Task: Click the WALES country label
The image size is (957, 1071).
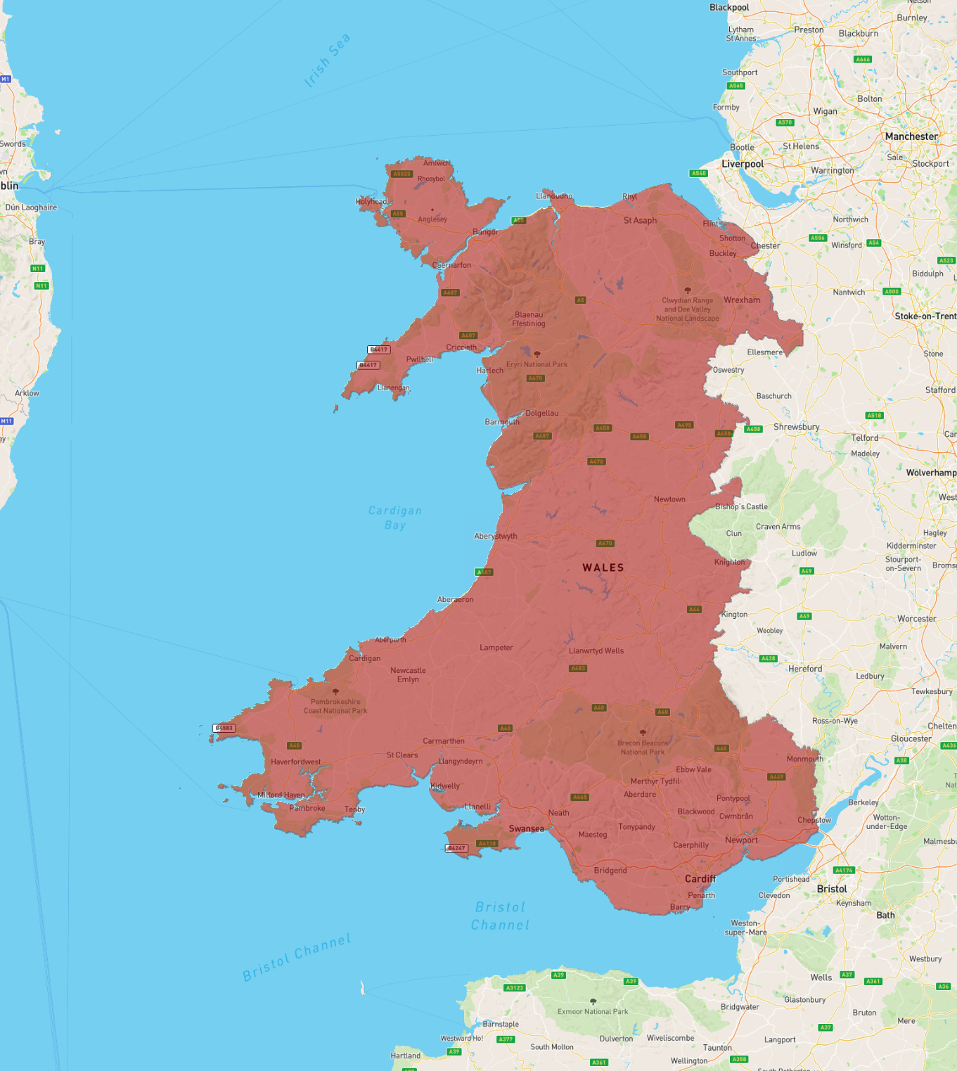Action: tap(603, 567)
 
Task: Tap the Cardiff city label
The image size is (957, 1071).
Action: tap(700, 879)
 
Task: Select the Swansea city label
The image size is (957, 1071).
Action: tap(526, 829)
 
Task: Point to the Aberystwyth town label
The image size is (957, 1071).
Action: tap(495, 536)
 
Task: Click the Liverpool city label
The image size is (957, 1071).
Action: tap(743, 164)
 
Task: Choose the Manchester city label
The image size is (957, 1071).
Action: tap(911, 136)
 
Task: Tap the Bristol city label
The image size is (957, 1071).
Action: tap(832, 889)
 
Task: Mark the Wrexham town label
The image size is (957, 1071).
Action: tap(742, 300)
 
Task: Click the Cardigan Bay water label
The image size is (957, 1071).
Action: tap(395, 518)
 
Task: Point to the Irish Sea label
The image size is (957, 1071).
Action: tap(327, 60)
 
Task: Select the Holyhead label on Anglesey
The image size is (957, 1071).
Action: tap(371, 202)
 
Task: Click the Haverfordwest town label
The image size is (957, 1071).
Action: tap(295, 762)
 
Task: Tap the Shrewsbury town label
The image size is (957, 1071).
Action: tap(796, 427)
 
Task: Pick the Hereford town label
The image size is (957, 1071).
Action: tap(805, 669)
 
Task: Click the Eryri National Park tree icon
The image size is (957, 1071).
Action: tap(537, 354)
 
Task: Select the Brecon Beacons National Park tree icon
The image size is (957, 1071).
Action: tap(643, 733)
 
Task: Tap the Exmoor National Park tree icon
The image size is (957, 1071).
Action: tap(593, 1001)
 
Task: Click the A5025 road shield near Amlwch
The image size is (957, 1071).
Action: tap(402, 174)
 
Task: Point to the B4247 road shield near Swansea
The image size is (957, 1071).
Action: tap(456, 848)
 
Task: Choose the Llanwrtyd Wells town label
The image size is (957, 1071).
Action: tap(596, 650)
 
